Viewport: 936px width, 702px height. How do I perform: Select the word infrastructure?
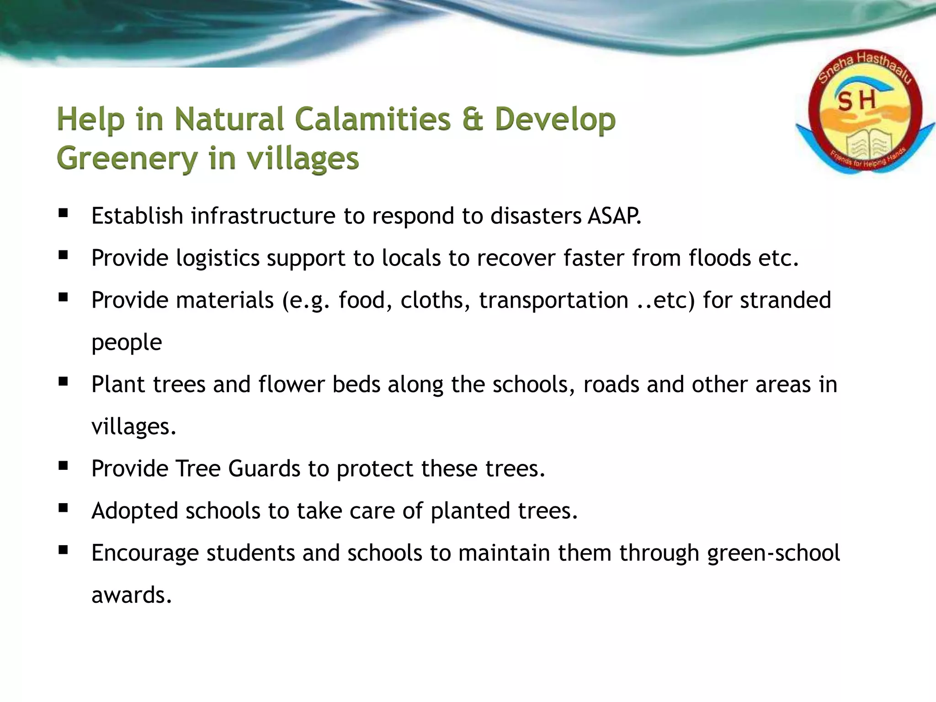tap(263, 216)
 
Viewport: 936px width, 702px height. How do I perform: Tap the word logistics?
tap(218, 258)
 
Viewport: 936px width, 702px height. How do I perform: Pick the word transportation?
tap(553, 300)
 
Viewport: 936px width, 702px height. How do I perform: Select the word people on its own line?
tap(127, 343)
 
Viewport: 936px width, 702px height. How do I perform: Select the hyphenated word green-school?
tap(773, 553)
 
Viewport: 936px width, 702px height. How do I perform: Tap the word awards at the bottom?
tap(132, 595)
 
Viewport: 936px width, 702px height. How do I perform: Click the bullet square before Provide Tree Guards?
tap(63, 466)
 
